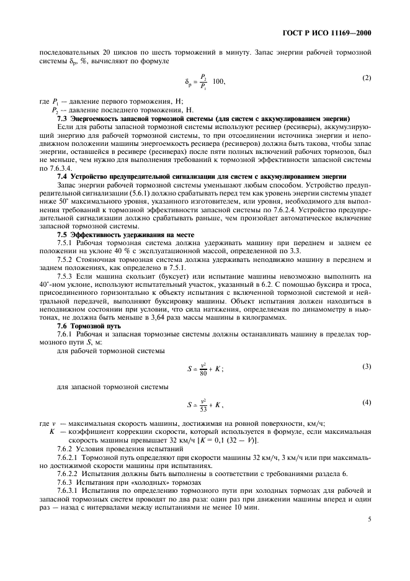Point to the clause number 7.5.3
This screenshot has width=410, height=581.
pos(66,276)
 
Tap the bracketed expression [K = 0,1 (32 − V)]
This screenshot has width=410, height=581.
pos(221,441)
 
